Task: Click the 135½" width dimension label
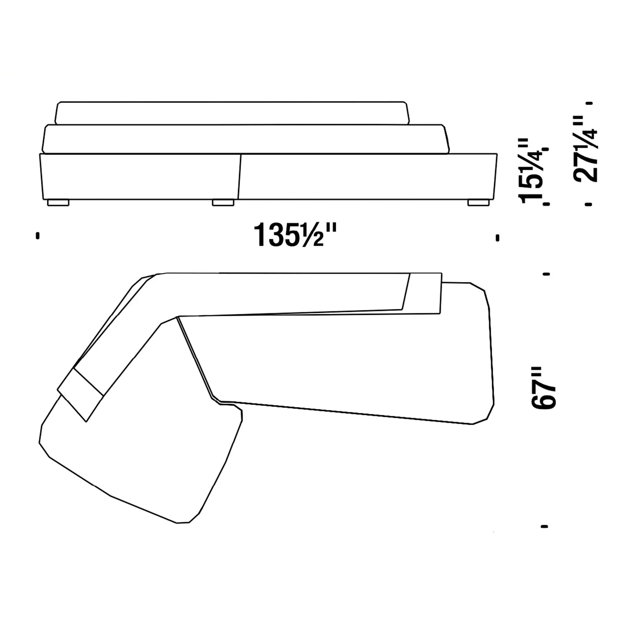pyautogui.click(x=295, y=235)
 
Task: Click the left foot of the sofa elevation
pyautogui.click(x=58, y=203)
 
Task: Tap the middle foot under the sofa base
pyautogui.click(x=223, y=203)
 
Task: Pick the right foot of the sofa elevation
pyautogui.click(x=478, y=203)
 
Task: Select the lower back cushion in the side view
pyautogui.click(x=245, y=139)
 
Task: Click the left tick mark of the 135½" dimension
pyautogui.click(x=37, y=236)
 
